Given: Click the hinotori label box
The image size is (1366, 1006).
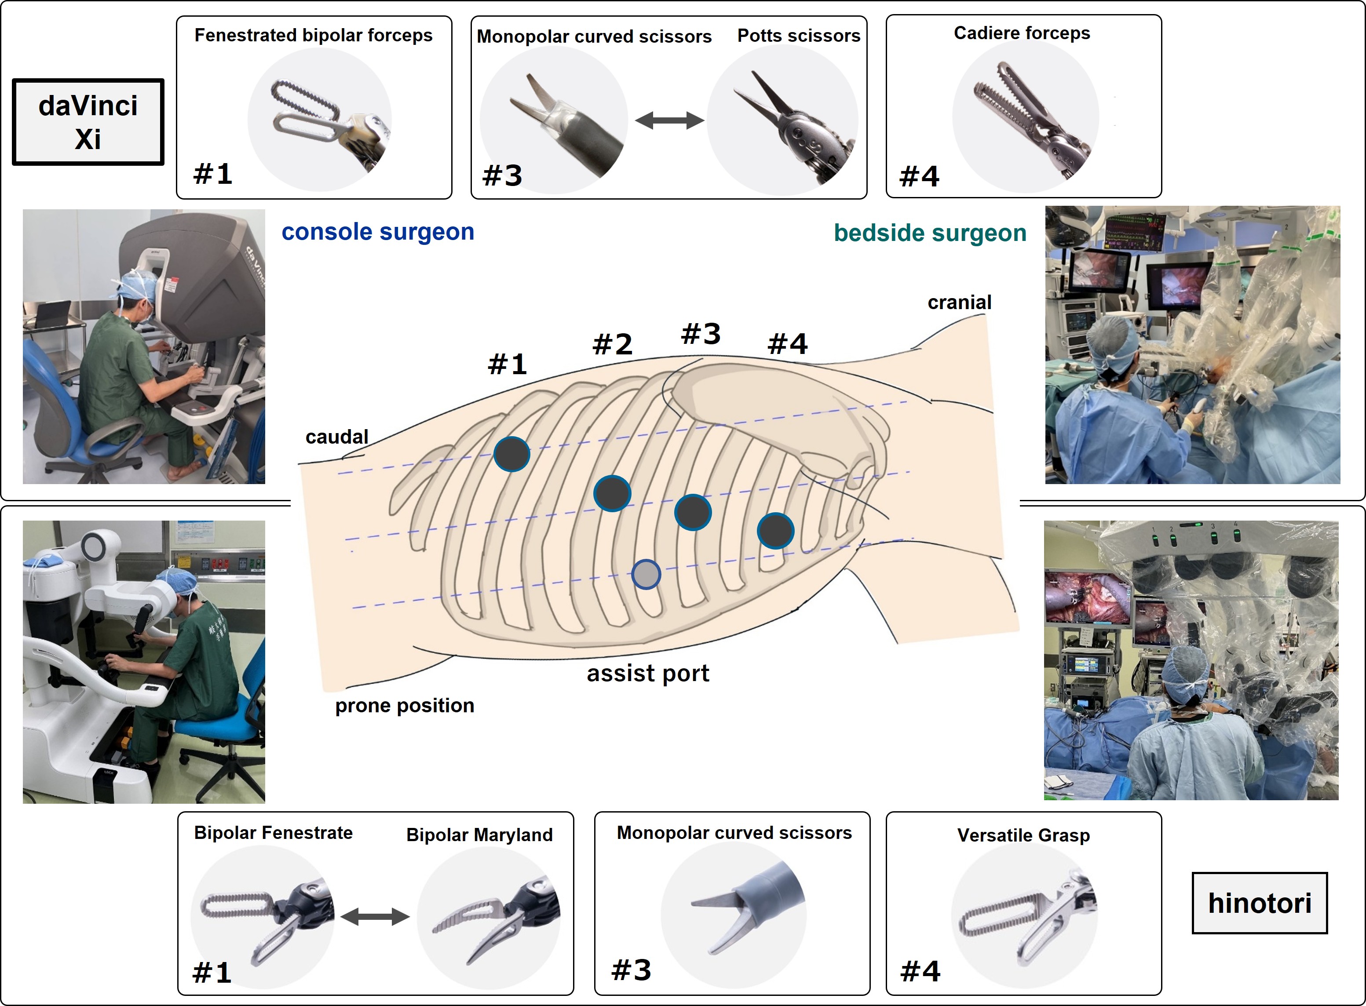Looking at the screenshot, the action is [1260, 903].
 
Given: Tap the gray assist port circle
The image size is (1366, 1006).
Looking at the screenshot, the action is [646, 574].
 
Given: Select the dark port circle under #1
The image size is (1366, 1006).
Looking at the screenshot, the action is [511, 454].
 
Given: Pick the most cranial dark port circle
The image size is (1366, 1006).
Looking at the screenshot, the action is [775, 530].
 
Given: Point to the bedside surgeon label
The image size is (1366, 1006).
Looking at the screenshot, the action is [930, 233].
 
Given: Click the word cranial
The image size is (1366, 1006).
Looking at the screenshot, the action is [959, 302].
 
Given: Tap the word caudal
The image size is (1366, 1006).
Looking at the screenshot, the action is [337, 437].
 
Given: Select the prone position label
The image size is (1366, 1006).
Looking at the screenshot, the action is [404, 705].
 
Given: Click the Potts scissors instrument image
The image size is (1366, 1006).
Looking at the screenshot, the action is [783, 120].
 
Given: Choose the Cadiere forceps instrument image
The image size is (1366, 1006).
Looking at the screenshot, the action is [1026, 117].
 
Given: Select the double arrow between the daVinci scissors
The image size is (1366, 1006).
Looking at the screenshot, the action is [669, 120].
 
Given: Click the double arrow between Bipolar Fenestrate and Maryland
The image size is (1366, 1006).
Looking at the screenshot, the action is [375, 916].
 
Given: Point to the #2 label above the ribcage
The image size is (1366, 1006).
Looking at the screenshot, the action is [613, 344].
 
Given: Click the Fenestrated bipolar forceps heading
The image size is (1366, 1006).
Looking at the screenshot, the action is [313, 35].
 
